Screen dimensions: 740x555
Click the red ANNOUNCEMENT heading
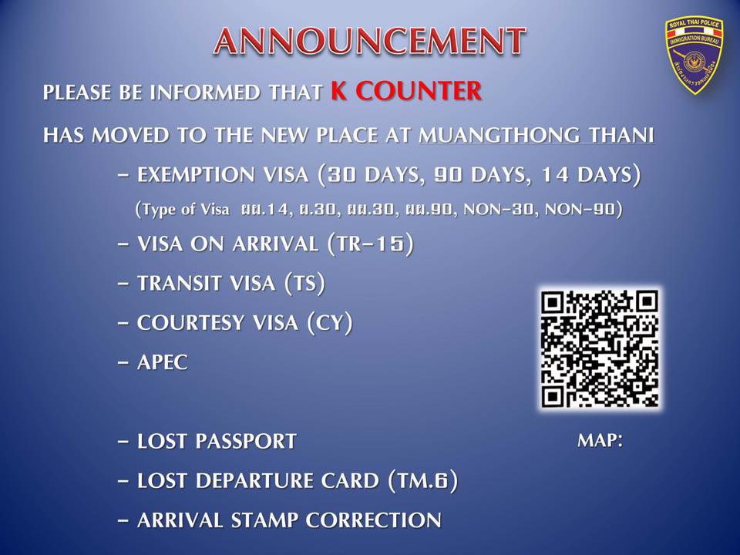(x=369, y=41)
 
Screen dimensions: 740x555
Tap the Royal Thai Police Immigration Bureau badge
(x=694, y=55)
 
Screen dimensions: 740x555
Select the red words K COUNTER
(x=406, y=91)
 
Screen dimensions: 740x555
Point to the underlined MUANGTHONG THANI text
(x=536, y=135)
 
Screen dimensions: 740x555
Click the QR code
(x=600, y=349)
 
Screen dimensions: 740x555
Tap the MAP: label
(x=600, y=440)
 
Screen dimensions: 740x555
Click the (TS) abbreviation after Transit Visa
(x=305, y=283)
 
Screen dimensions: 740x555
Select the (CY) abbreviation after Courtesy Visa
(x=330, y=323)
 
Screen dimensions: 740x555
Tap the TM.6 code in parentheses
(x=422, y=481)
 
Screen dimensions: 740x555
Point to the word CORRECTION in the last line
(x=373, y=520)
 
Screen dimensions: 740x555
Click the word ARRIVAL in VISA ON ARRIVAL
(x=275, y=244)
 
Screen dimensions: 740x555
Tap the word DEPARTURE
(x=288, y=481)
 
